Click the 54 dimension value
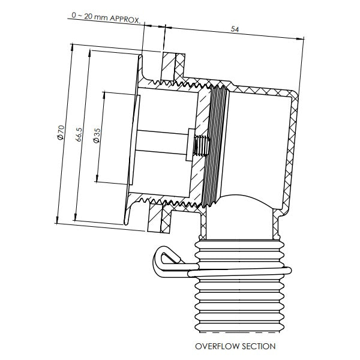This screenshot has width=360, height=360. tap(234, 29)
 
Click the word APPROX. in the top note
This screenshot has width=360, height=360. tap(125, 19)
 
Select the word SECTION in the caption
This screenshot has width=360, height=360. tap(260, 346)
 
